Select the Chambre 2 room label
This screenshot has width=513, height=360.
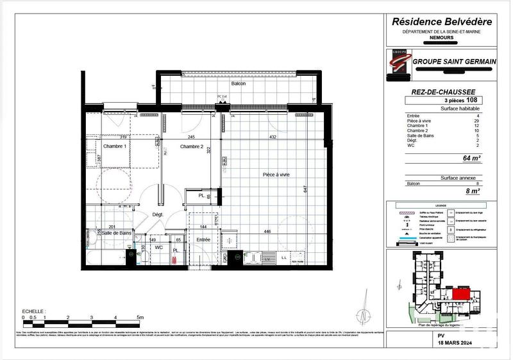[191, 147]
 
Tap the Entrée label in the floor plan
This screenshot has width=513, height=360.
[203, 239]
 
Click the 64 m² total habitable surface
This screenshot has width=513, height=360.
[471, 158]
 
